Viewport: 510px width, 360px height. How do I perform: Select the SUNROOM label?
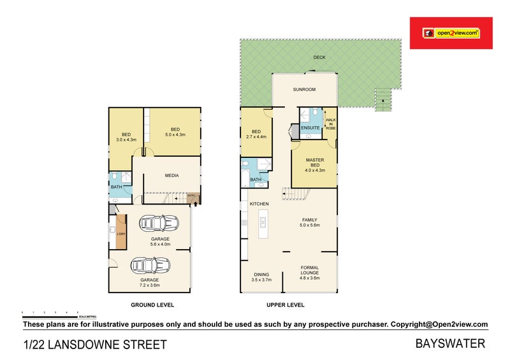pos(304,90)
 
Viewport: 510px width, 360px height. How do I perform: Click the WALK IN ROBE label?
pos(330,124)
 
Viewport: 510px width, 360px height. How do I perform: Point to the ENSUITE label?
pos(310,128)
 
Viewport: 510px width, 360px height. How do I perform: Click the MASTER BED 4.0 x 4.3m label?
pos(315,164)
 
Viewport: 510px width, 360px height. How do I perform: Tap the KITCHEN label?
pos(259,203)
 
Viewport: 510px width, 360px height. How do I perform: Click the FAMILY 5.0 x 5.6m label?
pos(310,222)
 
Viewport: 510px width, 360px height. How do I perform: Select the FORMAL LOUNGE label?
pos(310,272)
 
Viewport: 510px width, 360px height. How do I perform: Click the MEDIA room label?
pos(171,175)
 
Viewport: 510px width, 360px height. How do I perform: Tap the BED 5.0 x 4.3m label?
pos(175,133)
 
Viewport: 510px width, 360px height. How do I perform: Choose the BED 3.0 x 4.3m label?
pos(126,136)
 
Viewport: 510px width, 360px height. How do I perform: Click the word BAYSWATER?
pos(450,344)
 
